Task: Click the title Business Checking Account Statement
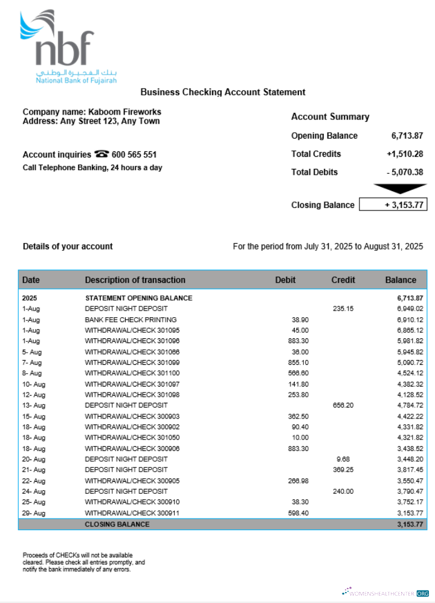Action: click(x=223, y=92)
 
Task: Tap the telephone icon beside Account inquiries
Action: click(x=101, y=154)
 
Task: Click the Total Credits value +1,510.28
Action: click(x=405, y=154)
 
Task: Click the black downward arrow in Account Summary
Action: click(x=399, y=189)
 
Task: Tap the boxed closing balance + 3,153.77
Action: click(x=393, y=205)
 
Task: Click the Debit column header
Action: click(x=285, y=280)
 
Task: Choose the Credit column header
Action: click(x=343, y=280)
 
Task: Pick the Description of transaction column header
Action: click(x=135, y=280)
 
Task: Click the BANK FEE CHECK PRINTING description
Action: click(x=130, y=320)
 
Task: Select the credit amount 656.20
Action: click(x=343, y=405)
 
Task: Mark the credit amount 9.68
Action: click(x=343, y=459)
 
